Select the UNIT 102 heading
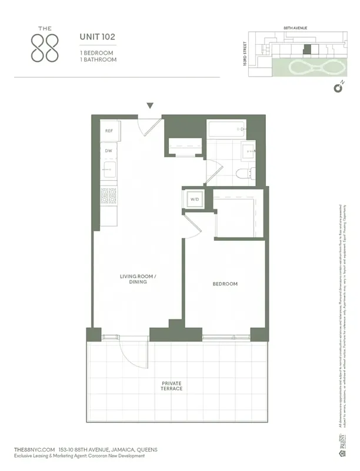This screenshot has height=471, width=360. point(98,37)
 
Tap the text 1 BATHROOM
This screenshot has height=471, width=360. point(98,59)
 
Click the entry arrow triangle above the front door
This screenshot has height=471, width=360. point(150,106)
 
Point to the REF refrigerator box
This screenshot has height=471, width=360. point(109,131)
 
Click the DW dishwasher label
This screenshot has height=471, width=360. point(109,151)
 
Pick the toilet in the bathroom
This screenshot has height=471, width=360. point(244,173)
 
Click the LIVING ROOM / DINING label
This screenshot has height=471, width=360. point(134,278)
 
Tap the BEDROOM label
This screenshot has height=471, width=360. point(225,284)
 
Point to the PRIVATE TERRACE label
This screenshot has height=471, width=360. point(172,386)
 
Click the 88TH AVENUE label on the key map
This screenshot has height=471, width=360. point(296,28)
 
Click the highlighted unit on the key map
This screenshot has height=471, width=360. point(306,51)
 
